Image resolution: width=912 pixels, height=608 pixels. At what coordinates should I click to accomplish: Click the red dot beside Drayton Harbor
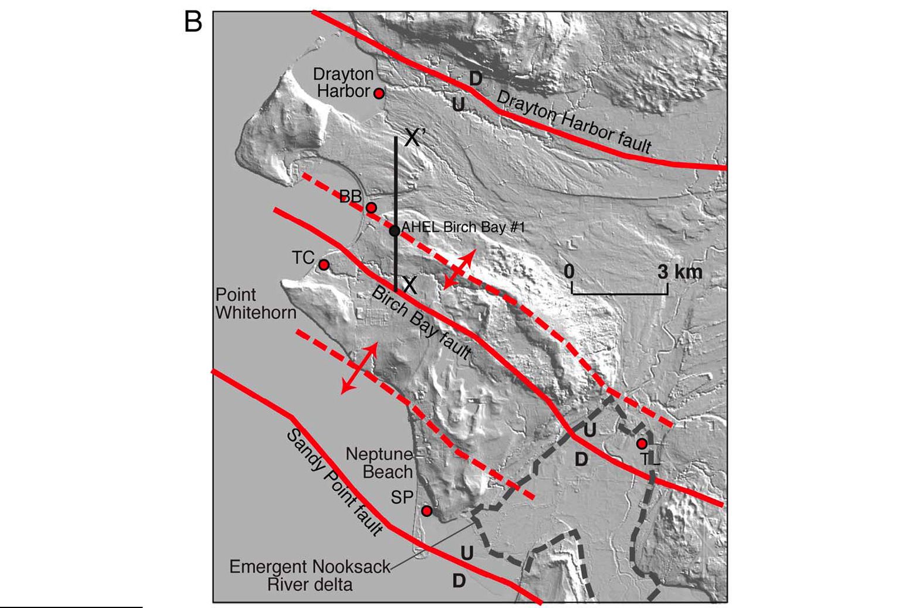[379, 93]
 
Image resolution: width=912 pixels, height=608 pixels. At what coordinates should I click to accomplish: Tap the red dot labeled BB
[371, 208]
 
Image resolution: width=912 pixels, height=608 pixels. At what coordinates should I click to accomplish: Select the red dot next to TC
[324, 265]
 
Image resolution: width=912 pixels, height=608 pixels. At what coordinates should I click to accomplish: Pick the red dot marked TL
[642, 443]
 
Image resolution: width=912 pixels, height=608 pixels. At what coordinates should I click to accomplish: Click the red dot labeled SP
[427, 511]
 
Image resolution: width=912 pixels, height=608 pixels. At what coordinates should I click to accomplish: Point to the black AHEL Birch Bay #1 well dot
[395, 231]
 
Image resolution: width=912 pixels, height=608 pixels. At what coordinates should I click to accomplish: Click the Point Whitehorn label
[256, 303]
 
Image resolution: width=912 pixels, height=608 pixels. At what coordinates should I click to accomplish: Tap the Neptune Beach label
[379, 463]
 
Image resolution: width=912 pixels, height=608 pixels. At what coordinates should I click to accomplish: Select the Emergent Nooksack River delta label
[310, 575]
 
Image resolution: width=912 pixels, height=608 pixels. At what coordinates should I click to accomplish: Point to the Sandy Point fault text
[334, 482]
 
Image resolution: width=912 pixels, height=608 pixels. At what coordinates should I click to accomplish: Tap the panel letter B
[193, 22]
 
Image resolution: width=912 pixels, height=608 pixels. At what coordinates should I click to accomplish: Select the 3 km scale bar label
[679, 271]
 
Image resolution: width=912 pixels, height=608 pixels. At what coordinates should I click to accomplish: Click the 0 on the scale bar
[569, 271]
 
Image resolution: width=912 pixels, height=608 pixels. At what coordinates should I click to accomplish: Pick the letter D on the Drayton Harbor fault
[476, 79]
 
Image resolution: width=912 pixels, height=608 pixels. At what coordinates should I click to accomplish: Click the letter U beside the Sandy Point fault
[467, 552]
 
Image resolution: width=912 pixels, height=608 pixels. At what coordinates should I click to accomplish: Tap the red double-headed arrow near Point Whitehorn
[360, 368]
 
